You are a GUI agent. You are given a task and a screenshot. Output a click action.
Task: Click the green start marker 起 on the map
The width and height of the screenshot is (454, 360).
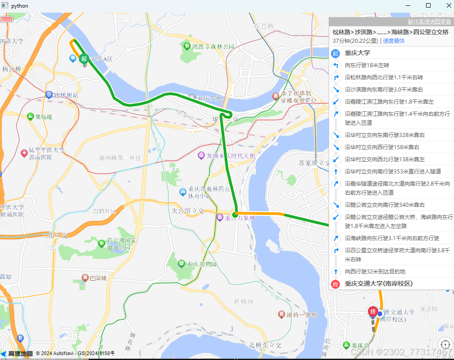[x=83, y=59]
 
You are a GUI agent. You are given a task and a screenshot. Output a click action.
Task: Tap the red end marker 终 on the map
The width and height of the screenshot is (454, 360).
[x=373, y=312]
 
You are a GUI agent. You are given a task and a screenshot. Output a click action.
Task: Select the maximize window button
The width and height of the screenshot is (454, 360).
[x=428, y=6]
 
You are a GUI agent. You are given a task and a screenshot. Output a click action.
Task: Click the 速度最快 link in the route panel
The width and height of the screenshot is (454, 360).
[x=394, y=41]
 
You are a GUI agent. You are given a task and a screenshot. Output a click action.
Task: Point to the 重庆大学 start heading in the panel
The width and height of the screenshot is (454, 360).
[x=358, y=53]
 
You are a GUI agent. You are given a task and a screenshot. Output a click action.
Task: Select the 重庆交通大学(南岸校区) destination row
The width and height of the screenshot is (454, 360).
[x=379, y=284]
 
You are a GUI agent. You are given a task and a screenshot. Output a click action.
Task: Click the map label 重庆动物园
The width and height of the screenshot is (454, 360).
[x=202, y=264]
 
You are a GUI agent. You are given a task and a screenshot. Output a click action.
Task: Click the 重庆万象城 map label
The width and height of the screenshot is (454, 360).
[x=240, y=218]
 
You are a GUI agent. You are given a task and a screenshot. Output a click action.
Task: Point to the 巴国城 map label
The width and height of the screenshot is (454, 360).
[x=98, y=278]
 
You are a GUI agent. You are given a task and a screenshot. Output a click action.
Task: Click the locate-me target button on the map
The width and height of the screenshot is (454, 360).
[x=445, y=344]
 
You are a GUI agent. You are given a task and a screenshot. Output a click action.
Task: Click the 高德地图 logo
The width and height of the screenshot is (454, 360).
[x=17, y=354]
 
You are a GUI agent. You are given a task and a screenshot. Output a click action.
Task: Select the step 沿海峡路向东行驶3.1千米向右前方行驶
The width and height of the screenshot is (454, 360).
[x=392, y=238]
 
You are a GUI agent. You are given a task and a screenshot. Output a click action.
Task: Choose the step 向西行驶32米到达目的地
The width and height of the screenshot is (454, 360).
[x=375, y=272]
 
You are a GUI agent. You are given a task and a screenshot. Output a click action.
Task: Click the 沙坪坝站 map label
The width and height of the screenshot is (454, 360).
[x=66, y=95]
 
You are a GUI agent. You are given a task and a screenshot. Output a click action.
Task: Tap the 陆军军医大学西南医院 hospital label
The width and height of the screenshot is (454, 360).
[x=46, y=154]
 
